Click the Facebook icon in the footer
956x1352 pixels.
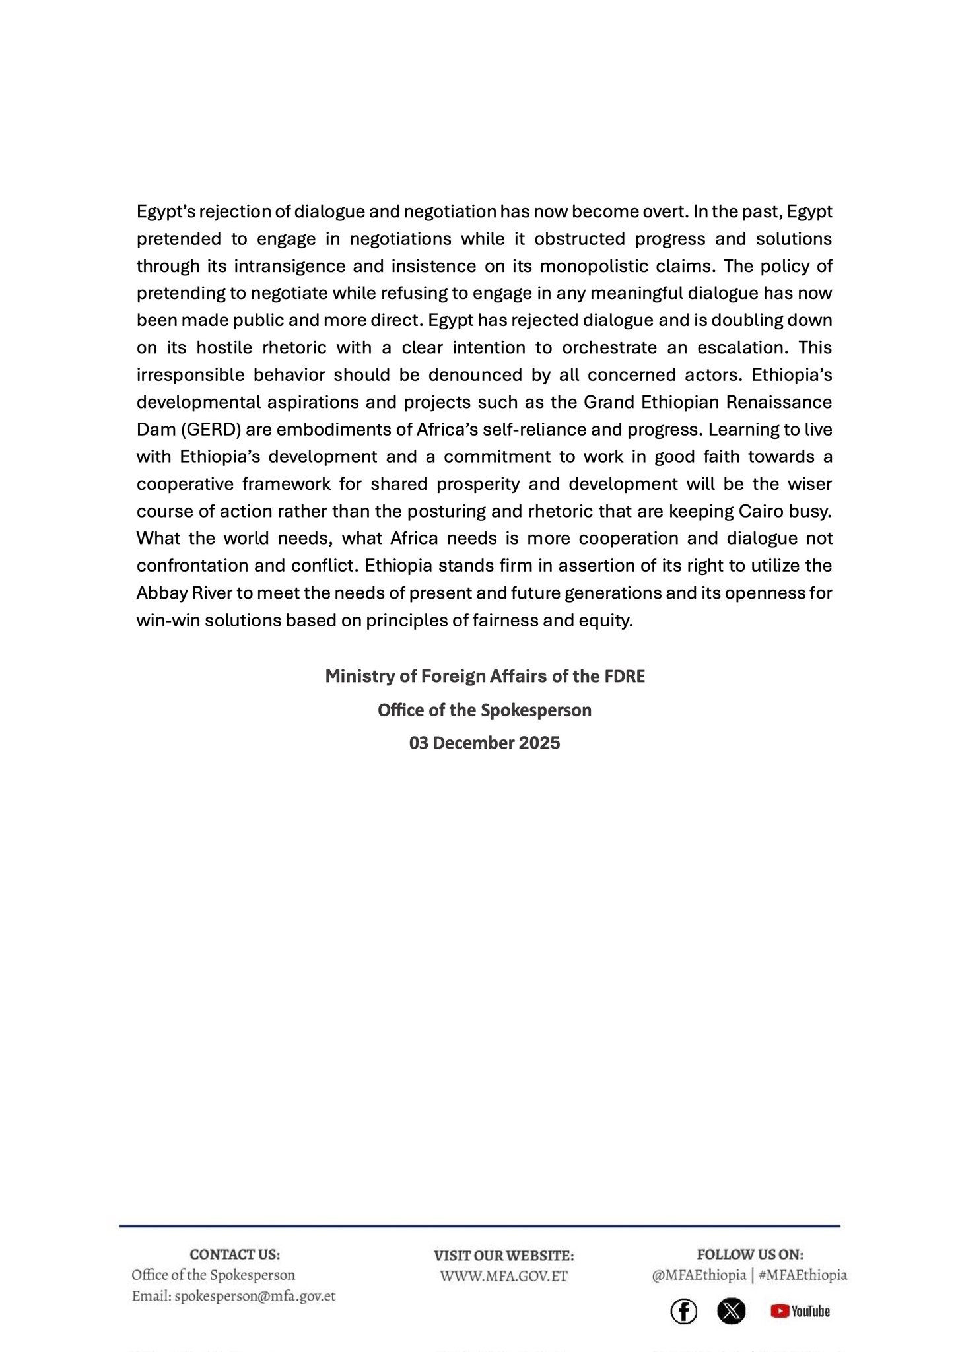pos(683,1311)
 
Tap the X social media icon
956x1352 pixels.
pos(731,1311)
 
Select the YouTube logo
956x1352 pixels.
pos(800,1311)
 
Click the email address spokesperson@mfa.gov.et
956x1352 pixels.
pos(255,1296)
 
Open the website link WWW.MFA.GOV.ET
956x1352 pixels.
pos(504,1276)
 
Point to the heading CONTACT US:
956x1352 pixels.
pos(234,1254)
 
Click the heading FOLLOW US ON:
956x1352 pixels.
pos(750,1254)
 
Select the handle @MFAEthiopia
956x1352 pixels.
pos(699,1275)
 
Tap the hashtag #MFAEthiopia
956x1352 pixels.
pos(803,1275)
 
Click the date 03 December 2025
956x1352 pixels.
pos(485,743)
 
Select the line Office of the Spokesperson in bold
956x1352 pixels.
pos(485,710)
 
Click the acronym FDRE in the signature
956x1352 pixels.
pos(625,677)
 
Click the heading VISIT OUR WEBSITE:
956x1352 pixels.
pos(504,1255)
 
